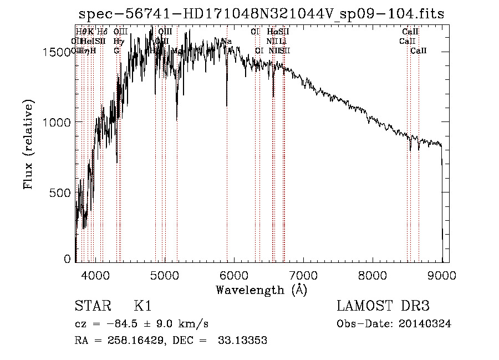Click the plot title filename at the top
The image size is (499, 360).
pos(261,14)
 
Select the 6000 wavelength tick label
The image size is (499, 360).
pos(234,275)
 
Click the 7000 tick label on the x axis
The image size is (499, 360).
pos(303,275)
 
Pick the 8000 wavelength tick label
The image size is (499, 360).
pos(373,275)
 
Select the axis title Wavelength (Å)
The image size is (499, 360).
pos(261,290)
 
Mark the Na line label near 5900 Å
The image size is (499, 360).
pos(226,42)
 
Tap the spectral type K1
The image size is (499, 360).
pos(142,306)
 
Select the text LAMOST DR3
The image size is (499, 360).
pos(383,306)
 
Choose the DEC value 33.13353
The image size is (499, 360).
pos(242,341)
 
